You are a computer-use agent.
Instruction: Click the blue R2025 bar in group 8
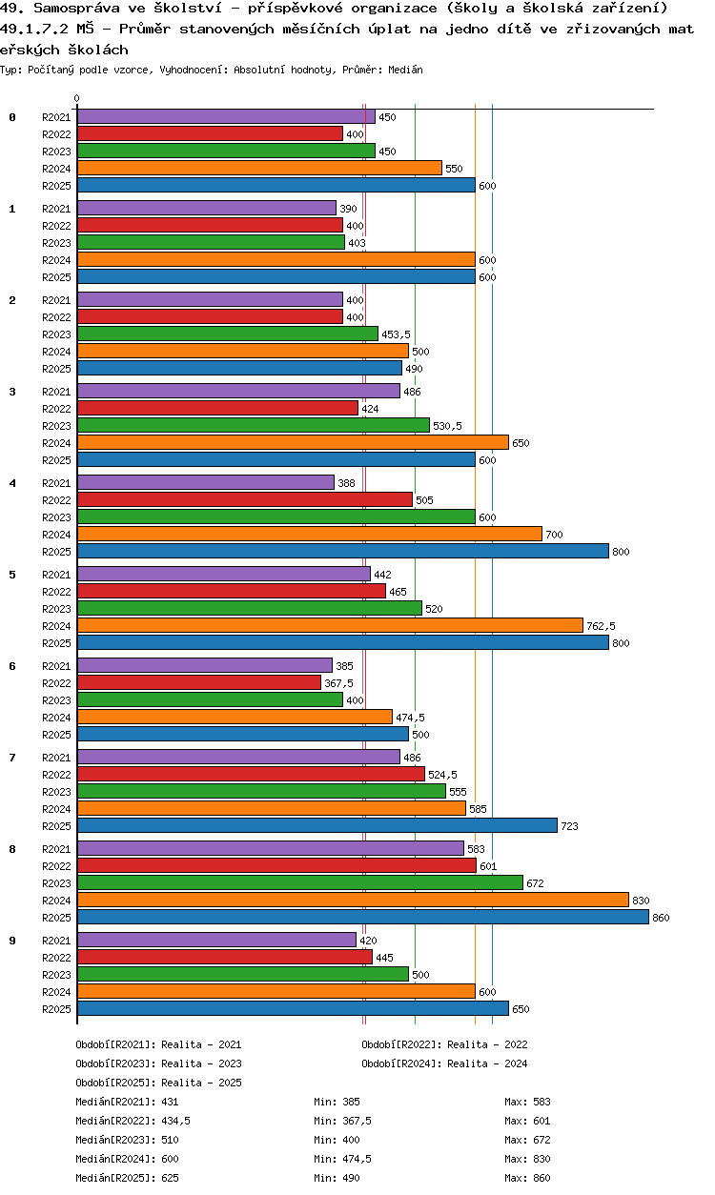click(x=362, y=917)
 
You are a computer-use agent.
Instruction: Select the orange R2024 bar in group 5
click(x=330, y=625)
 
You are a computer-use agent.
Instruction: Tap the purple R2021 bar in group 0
click(x=226, y=116)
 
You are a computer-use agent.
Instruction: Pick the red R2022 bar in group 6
click(x=199, y=682)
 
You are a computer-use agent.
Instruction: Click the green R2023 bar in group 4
click(x=276, y=516)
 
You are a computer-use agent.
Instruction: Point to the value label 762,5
click(x=601, y=626)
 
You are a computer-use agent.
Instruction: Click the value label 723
click(x=570, y=826)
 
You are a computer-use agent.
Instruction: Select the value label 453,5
click(x=396, y=334)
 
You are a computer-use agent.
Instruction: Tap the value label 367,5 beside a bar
click(x=338, y=683)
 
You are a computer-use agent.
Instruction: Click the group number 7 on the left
click(x=12, y=758)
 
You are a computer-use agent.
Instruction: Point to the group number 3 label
click(x=12, y=392)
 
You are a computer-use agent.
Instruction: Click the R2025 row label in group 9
click(x=57, y=1009)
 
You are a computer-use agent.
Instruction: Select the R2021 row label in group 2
click(x=57, y=300)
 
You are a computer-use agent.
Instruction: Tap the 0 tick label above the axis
click(x=77, y=99)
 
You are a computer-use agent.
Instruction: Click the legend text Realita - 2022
click(x=487, y=1044)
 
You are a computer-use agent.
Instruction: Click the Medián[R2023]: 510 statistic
click(x=127, y=1140)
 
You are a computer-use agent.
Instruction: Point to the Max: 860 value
click(x=527, y=1178)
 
